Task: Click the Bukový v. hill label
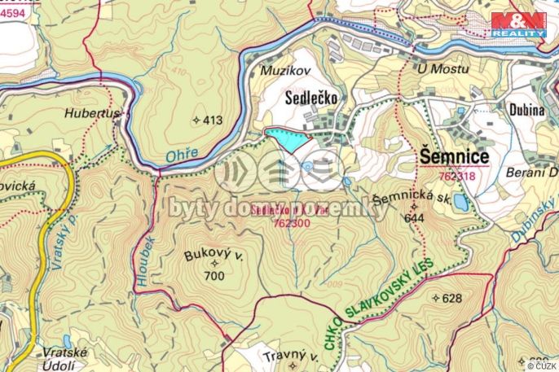(x=215, y=256)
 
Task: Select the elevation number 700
(x=215, y=277)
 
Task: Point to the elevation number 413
(x=211, y=120)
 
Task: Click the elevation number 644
(x=414, y=217)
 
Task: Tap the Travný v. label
(x=289, y=357)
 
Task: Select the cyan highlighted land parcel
(x=288, y=140)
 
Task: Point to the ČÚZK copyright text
(x=540, y=364)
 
